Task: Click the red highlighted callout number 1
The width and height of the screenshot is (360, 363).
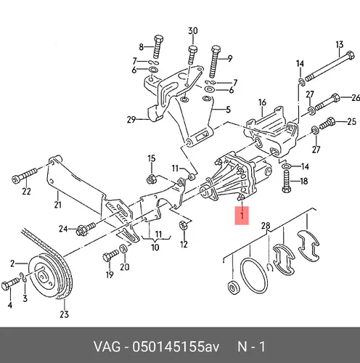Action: click(x=242, y=216)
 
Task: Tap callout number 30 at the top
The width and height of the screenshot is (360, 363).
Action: click(x=193, y=31)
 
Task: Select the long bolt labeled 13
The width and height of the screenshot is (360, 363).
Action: click(x=330, y=66)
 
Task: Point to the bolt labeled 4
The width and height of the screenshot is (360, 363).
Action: click(x=11, y=284)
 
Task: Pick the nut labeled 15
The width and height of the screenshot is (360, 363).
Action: click(x=151, y=179)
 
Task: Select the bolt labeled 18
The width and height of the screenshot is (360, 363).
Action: click(x=287, y=181)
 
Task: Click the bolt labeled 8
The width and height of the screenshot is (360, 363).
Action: click(x=158, y=47)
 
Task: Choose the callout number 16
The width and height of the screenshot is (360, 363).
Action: click(x=262, y=102)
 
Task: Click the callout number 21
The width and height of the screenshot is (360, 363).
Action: click(x=57, y=205)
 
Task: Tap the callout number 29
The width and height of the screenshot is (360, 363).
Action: click(x=131, y=119)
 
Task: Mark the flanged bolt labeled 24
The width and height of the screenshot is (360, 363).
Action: click(x=86, y=229)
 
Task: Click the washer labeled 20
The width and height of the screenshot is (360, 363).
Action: click(x=124, y=249)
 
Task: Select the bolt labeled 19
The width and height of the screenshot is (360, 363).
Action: click(x=110, y=256)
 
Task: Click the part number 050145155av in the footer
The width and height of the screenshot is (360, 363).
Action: click(x=176, y=347)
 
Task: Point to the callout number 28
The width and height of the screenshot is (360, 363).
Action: click(x=266, y=226)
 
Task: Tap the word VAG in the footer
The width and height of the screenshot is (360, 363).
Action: click(x=107, y=347)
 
